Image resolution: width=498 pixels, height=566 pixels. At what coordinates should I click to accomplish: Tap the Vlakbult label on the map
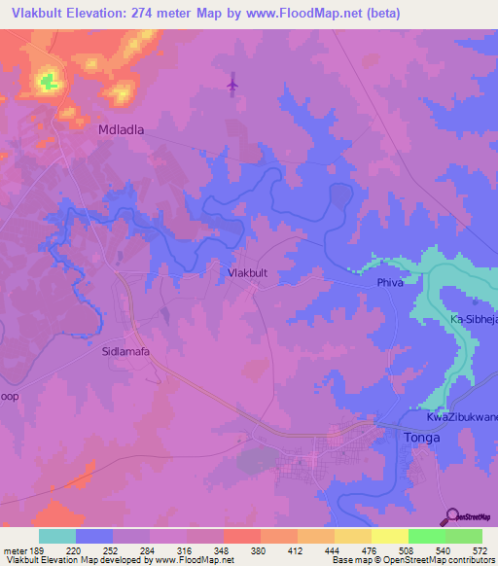click(247, 273)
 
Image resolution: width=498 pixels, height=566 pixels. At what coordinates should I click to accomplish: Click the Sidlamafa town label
click(125, 353)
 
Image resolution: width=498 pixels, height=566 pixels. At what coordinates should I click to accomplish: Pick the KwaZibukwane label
click(462, 417)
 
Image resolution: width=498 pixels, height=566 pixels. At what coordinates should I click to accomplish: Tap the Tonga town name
click(421, 438)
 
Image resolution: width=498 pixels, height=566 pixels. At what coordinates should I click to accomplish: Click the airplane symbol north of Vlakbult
click(231, 85)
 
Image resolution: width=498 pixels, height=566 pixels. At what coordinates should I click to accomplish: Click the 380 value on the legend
click(260, 548)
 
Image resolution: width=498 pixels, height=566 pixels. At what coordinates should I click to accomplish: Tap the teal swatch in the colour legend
click(57, 536)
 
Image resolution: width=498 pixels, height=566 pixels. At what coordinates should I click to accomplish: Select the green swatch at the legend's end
click(463, 536)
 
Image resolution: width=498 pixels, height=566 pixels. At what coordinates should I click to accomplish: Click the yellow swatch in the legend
click(389, 536)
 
